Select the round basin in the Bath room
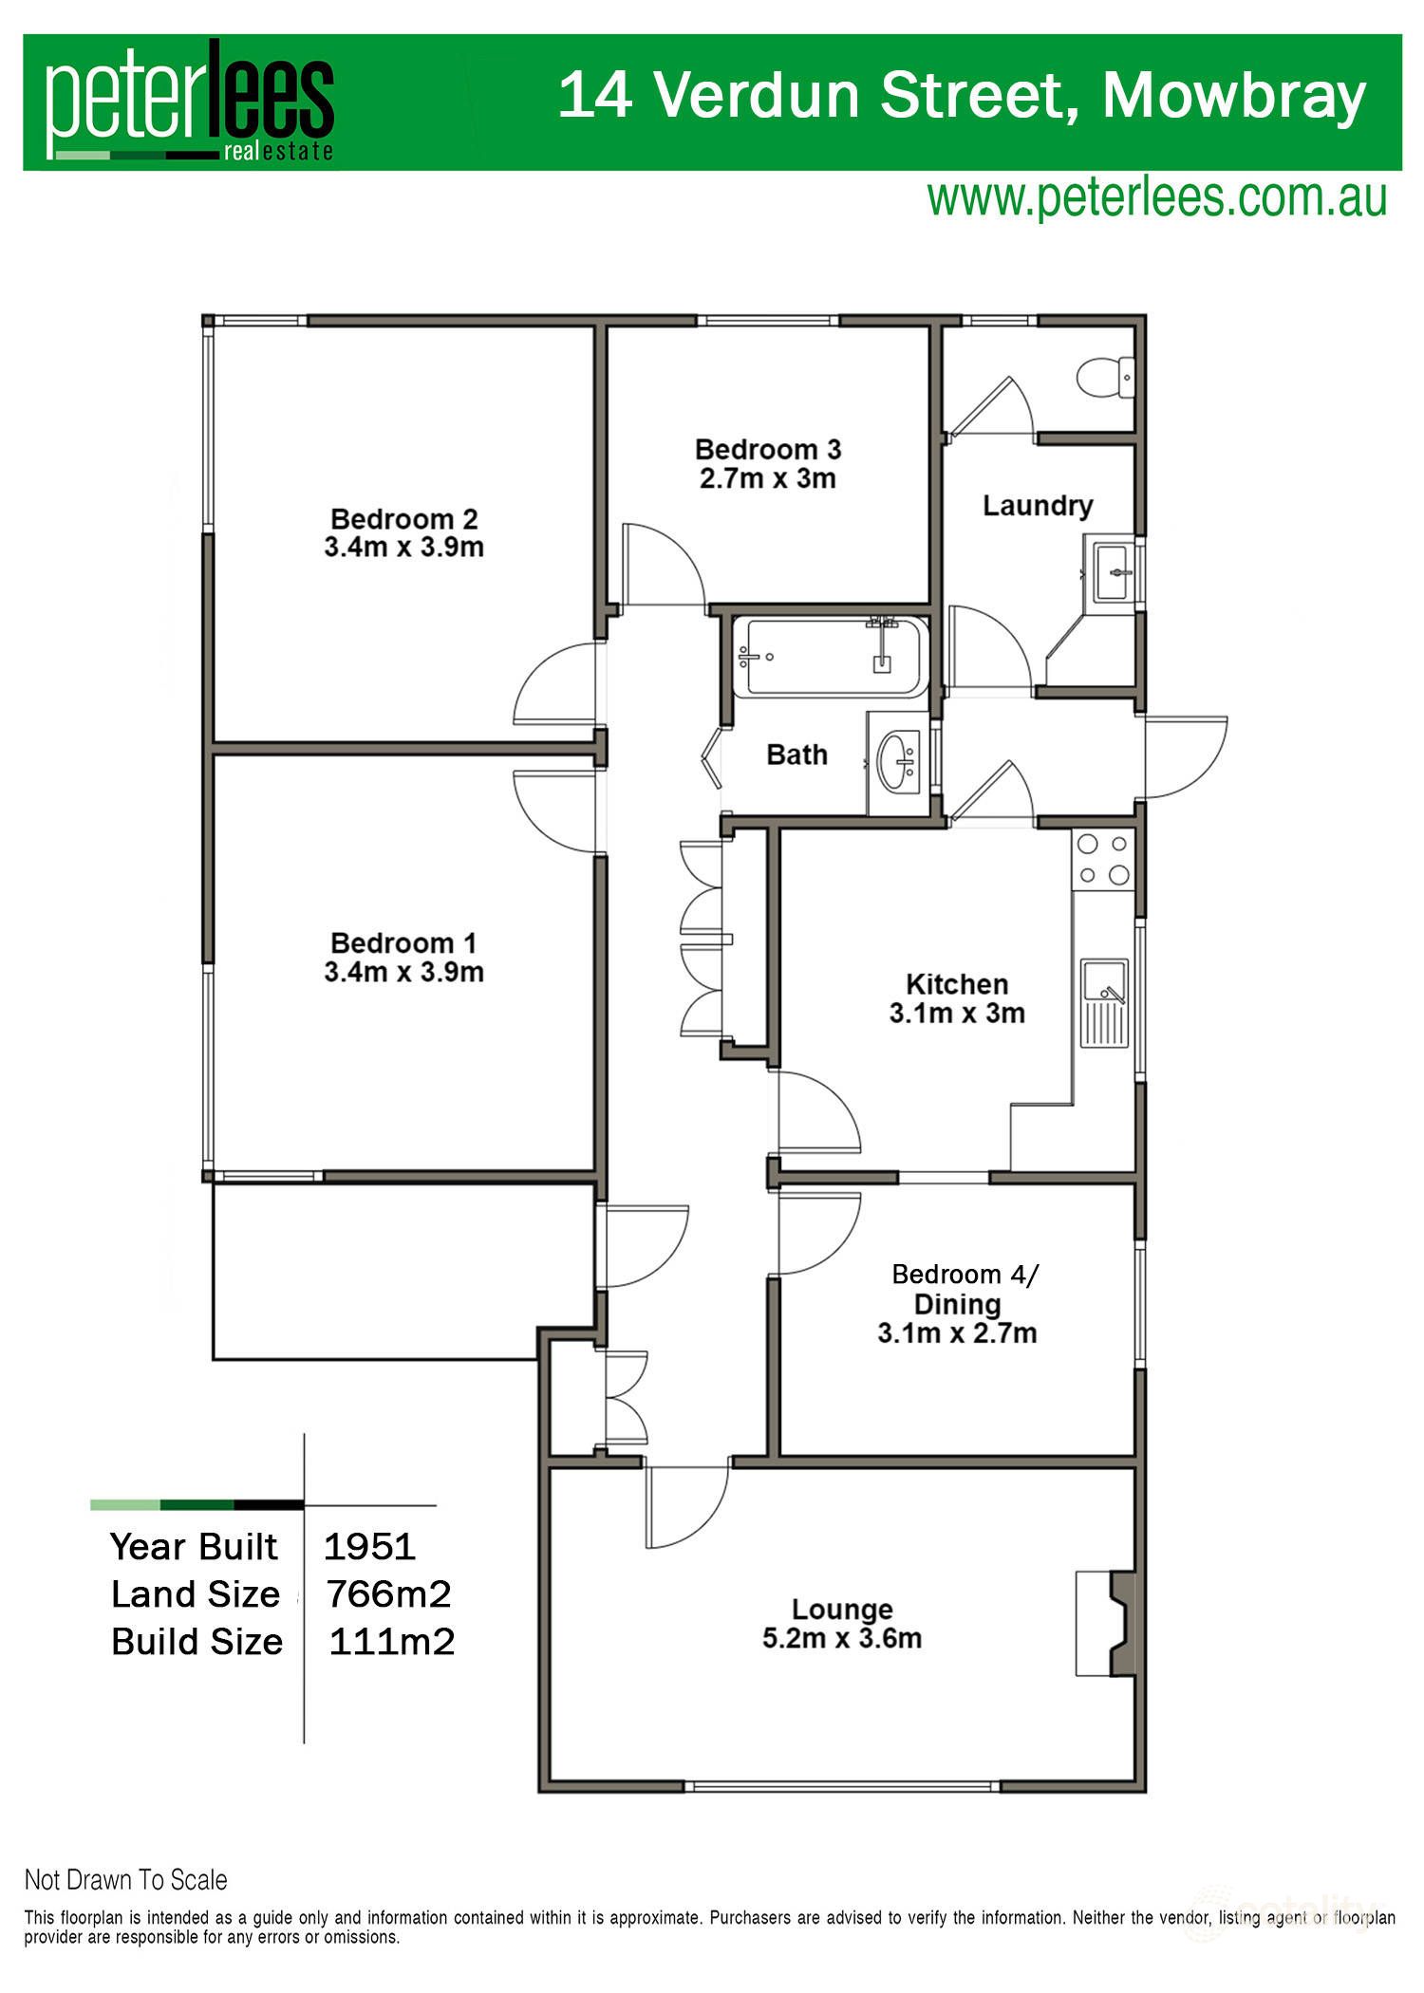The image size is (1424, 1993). click(x=898, y=761)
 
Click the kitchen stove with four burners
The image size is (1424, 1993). click(x=1103, y=859)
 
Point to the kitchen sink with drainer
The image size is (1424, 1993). click(x=1105, y=1002)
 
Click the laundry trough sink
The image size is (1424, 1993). click(x=1113, y=572)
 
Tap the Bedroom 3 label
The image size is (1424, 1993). click(x=768, y=449)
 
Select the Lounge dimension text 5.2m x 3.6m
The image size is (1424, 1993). click(x=842, y=1639)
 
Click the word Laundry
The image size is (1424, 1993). click(x=1038, y=506)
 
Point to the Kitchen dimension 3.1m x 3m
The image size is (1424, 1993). click(x=957, y=1014)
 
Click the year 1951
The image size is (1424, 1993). click(x=369, y=1546)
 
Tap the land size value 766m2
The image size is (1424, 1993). click(x=388, y=1594)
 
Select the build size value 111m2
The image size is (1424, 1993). click(x=391, y=1642)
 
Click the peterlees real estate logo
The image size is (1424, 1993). click(x=190, y=102)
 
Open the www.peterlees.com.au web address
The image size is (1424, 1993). click(x=1156, y=197)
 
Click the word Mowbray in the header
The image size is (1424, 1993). click(x=1234, y=96)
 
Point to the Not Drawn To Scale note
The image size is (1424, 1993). click(x=126, y=1880)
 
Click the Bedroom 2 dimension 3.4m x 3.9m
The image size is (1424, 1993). click(x=404, y=548)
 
